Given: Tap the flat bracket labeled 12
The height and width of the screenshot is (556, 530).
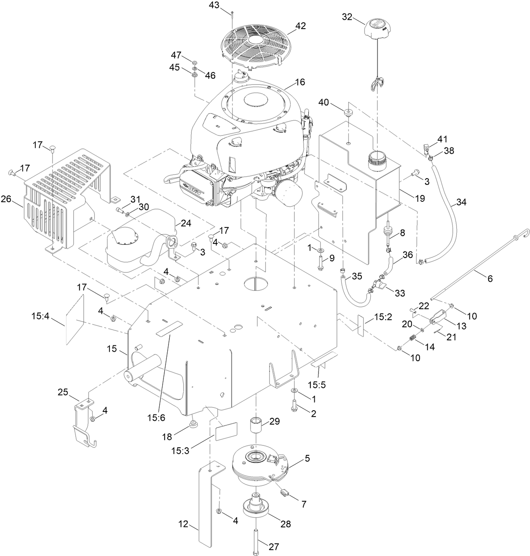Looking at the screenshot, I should click(x=208, y=505).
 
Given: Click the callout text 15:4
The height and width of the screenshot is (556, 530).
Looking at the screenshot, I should click(x=41, y=315).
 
